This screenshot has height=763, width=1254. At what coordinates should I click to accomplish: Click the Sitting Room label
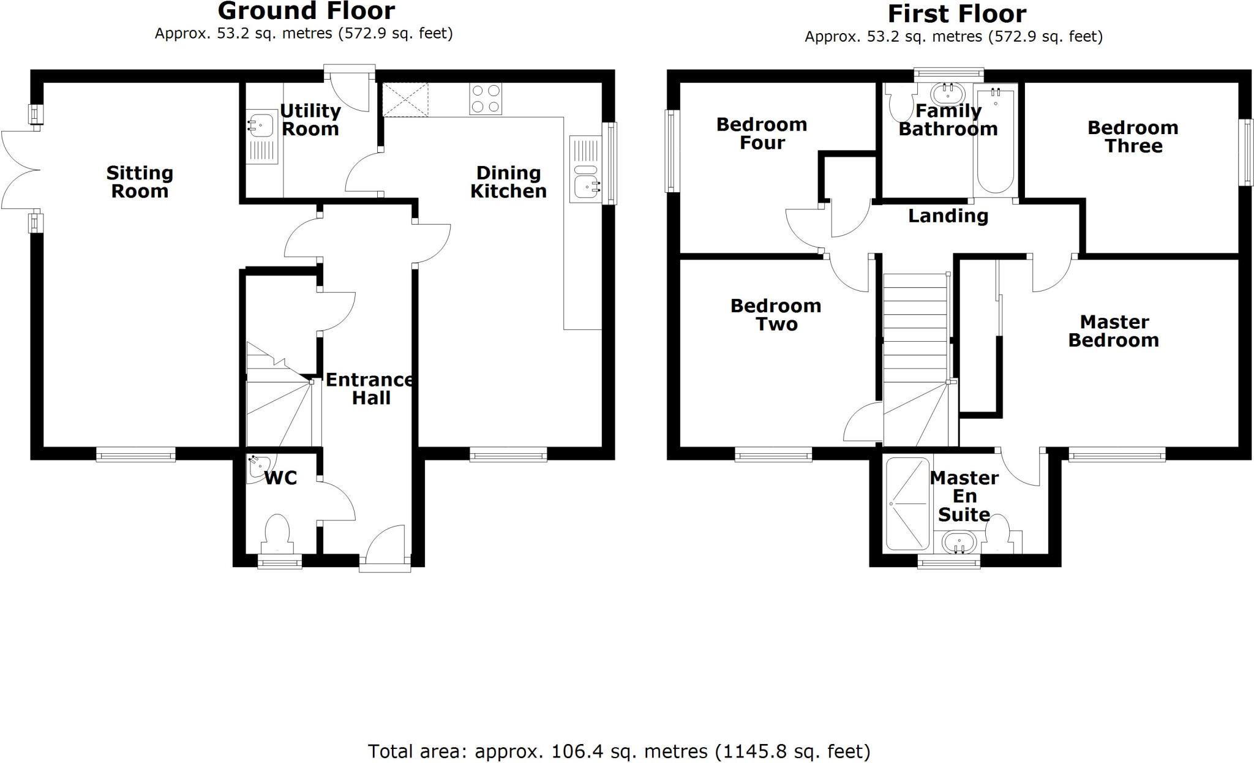coord(140,182)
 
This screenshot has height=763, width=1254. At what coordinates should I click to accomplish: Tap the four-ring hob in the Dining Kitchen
coord(486,99)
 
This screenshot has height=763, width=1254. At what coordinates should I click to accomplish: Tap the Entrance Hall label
coord(369,389)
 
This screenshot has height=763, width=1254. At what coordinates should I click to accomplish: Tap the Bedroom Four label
coord(761,133)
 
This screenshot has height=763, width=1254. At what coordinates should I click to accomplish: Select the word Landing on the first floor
coord(948,216)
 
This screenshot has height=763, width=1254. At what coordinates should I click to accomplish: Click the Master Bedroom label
coord(1114,331)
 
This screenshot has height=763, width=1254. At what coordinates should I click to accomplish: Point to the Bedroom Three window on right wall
coord(1246,152)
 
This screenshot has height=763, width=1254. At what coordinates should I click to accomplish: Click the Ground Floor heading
coord(306,11)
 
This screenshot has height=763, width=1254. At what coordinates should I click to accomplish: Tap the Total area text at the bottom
coord(618,751)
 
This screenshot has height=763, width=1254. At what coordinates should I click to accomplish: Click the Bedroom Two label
coord(775,315)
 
